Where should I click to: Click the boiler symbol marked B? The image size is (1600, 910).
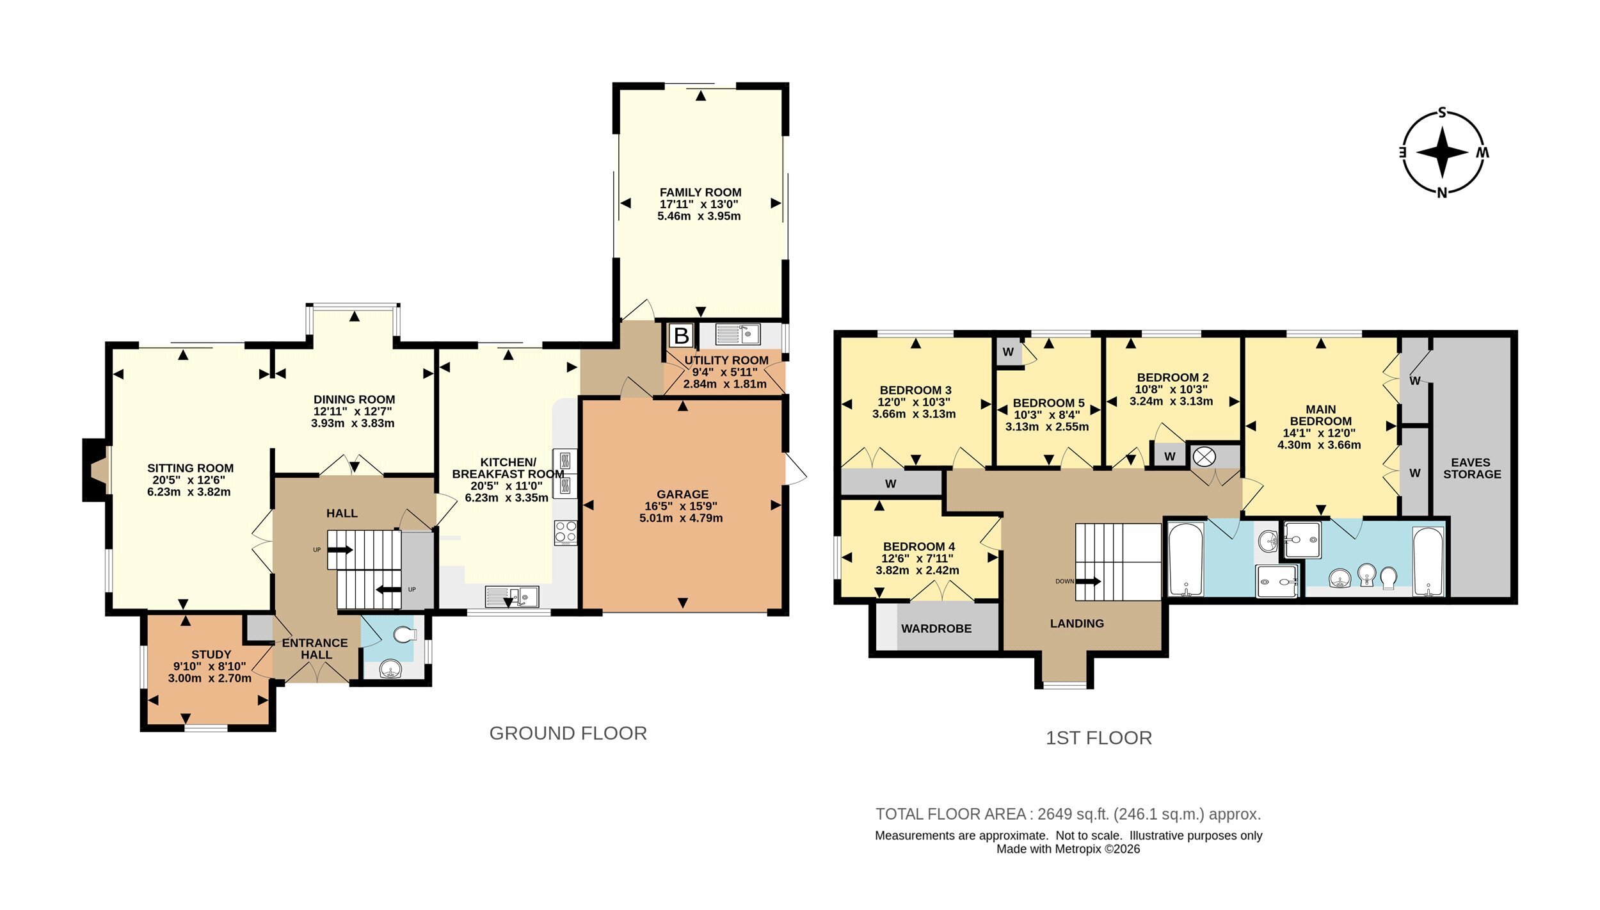(x=682, y=336)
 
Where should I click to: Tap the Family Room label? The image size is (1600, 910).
(x=700, y=192)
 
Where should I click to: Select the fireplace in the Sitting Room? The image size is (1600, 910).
(x=96, y=470)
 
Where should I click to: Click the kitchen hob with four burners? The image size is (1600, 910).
(x=566, y=532)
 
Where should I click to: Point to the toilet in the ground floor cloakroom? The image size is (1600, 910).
(x=404, y=635)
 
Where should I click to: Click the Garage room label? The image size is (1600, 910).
(x=682, y=494)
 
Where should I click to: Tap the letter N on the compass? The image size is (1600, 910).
(x=1442, y=193)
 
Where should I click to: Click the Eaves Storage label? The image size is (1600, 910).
(x=1471, y=468)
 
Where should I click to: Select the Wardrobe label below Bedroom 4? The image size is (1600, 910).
(x=936, y=629)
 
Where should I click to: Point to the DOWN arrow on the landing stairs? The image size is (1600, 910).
(x=1088, y=581)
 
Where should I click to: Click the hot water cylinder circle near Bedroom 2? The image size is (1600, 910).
(x=1204, y=457)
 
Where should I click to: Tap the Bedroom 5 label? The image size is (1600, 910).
(x=1048, y=403)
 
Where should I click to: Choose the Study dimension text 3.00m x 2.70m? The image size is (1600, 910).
(x=210, y=678)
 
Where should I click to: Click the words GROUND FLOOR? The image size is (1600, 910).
(x=568, y=733)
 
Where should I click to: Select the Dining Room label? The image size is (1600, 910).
(x=354, y=400)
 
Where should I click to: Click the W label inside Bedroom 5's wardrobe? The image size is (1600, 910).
(x=1008, y=352)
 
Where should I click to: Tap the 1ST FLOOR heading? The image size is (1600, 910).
(x=1099, y=738)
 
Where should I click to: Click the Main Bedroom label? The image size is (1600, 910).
(x=1320, y=415)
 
